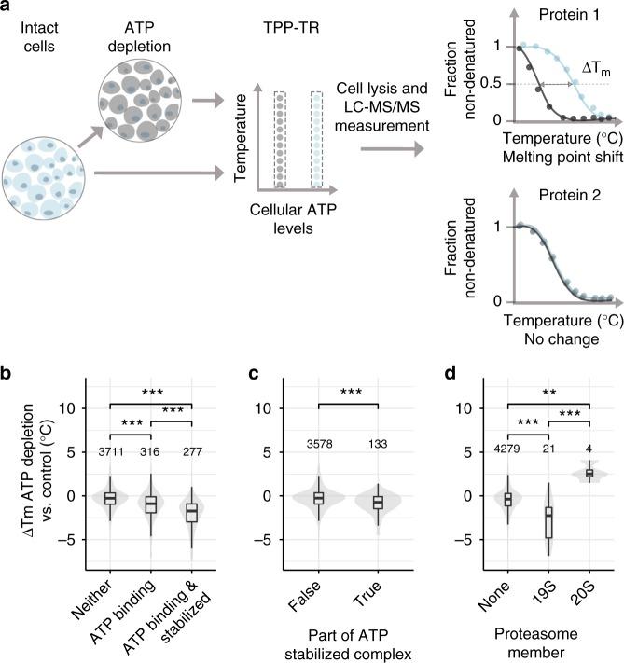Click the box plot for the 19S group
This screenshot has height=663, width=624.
coord(548,523)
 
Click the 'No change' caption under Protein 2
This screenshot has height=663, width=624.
coord(560,339)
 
